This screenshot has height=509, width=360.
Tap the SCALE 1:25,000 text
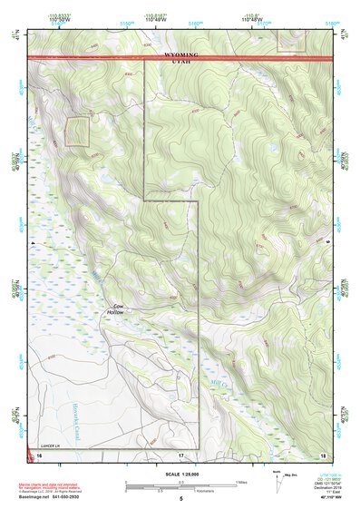point(180,474)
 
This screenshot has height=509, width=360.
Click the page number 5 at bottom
point(180,499)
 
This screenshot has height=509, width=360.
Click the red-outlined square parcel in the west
point(79,131)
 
